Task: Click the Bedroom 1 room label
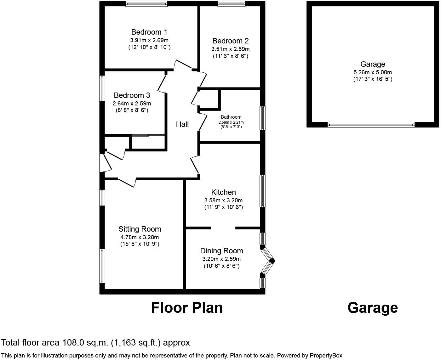click(x=149, y=32)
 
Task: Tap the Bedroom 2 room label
click(x=231, y=41)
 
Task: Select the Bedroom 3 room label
click(x=132, y=95)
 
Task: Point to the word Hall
click(x=182, y=125)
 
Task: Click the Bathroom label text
click(x=231, y=117)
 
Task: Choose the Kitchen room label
click(x=223, y=192)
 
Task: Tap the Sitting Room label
click(x=140, y=229)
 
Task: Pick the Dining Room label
click(x=221, y=251)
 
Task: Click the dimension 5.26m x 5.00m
click(x=373, y=72)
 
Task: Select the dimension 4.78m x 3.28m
click(x=140, y=237)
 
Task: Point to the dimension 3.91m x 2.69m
click(x=149, y=40)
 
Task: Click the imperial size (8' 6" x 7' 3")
click(x=231, y=127)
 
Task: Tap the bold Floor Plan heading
click(x=187, y=308)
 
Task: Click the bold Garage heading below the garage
click(x=373, y=308)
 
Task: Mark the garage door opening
click(x=371, y=125)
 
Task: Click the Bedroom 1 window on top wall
click(x=146, y=3)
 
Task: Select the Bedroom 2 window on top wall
click(x=231, y=3)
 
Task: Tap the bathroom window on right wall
click(x=263, y=118)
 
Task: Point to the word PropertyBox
click(x=326, y=356)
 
